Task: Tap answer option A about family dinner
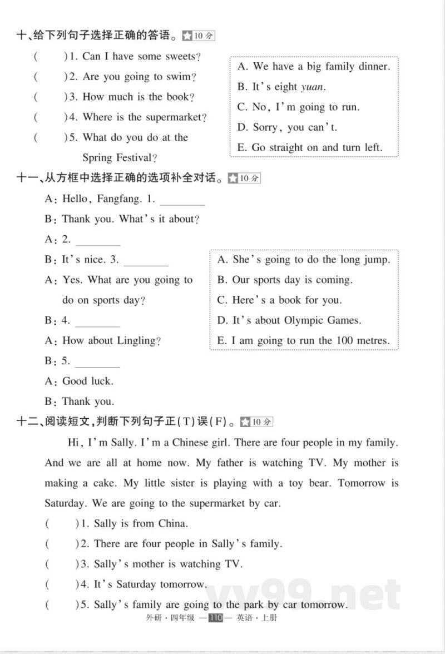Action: [314, 67]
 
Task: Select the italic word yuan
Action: [312, 87]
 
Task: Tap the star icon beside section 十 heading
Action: [188, 36]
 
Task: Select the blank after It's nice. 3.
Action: [146, 261]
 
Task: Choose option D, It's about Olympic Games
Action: [289, 320]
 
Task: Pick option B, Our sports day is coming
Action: [285, 280]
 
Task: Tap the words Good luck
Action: [88, 381]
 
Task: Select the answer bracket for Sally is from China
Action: [62, 523]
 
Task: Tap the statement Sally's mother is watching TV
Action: [169, 564]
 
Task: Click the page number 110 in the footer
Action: [215, 618]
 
